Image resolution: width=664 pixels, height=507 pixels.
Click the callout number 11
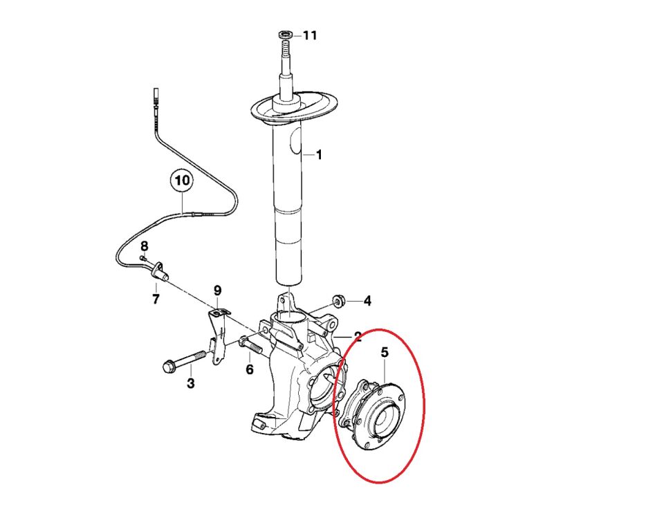pos(310,35)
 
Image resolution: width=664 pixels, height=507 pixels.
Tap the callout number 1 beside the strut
pos(319,155)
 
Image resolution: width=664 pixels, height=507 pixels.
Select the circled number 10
pos(182,181)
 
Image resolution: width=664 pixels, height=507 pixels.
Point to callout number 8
pos(145,246)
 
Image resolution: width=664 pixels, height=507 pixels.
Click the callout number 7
pos(156,299)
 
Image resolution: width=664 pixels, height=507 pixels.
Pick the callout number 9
pos(218,291)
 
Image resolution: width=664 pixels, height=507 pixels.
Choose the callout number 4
pos(367,301)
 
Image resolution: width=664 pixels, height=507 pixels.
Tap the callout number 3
pos(191,383)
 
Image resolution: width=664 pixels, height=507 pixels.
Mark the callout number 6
pos(250,369)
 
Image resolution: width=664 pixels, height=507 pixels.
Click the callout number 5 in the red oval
pos(385,352)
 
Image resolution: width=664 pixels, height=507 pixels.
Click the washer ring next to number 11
pos(286,34)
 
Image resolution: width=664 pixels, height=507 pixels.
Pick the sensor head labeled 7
pos(160,271)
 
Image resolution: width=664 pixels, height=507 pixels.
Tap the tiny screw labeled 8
pos(143,257)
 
